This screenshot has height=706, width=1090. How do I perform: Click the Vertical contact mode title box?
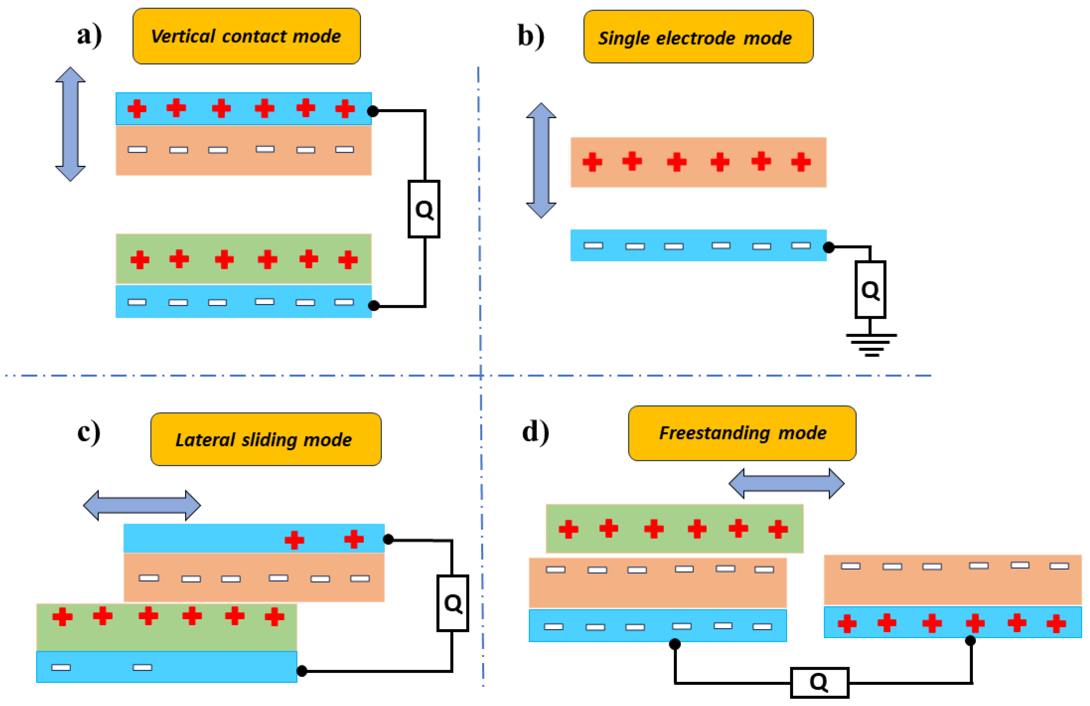click(x=246, y=36)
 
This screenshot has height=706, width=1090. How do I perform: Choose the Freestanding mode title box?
click(x=742, y=433)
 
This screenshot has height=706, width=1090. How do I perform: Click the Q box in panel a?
click(x=424, y=209)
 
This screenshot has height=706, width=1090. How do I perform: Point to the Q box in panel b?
click(x=870, y=289)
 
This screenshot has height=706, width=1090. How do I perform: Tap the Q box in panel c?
click(x=452, y=603)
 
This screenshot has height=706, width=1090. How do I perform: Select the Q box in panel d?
click(x=819, y=682)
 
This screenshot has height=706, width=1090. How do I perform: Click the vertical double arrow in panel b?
click(x=541, y=160)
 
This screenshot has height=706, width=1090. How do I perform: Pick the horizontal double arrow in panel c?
click(x=142, y=505)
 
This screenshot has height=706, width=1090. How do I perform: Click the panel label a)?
click(x=89, y=36)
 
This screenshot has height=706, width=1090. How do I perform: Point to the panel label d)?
click(x=535, y=432)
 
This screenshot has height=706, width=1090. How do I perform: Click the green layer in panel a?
click(x=243, y=259)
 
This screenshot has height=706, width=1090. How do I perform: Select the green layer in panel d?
click(x=674, y=528)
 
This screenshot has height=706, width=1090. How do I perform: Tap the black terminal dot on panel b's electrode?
click(x=829, y=248)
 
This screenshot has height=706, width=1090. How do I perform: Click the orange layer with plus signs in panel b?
click(x=698, y=162)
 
